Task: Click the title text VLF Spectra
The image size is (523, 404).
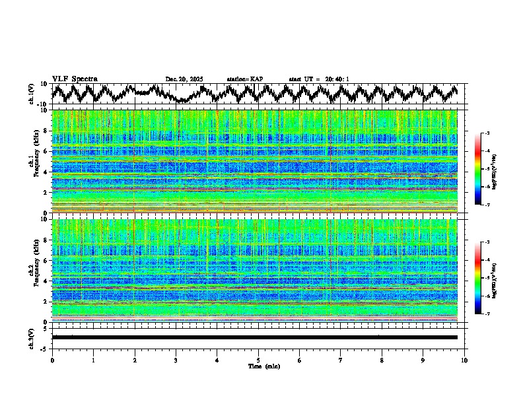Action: pos(75,79)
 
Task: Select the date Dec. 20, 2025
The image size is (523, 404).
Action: pos(184,79)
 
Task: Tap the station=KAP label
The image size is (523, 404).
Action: pos(245,79)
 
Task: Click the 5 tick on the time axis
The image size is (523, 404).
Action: pos(258,360)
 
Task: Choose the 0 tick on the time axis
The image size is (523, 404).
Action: pos(52,360)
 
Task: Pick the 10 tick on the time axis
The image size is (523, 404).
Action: pos(464,360)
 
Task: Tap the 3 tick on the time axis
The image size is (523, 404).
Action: pos(176,360)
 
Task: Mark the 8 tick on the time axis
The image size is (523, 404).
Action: pos(382,360)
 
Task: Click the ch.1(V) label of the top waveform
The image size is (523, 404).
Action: pos(32,94)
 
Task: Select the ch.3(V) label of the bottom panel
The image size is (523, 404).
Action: pos(32,337)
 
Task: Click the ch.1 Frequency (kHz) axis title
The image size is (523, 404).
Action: pos(32,162)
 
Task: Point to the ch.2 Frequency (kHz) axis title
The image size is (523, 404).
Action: pos(32,271)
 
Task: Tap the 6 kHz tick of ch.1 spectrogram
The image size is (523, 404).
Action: pos(46,151)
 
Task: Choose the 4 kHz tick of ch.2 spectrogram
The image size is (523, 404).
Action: pos(46,281)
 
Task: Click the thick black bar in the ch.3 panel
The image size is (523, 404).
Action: pos(254,337)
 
